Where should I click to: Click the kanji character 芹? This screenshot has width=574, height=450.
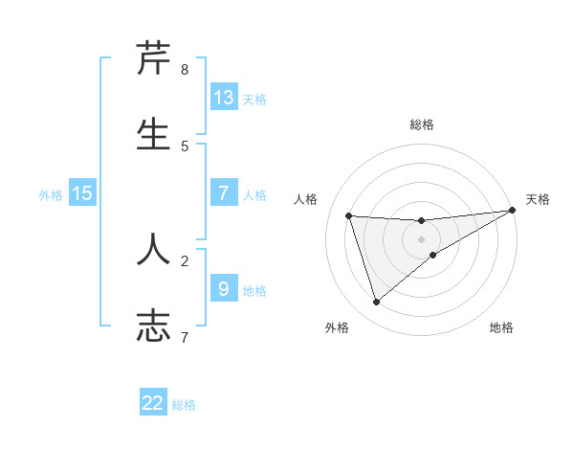[x=154, y=59]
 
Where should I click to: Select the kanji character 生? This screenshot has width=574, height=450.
[x=154, y=134]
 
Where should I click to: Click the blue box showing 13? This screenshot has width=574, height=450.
[x=224, y=98]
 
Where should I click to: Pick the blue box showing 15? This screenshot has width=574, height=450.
[x=82, y=193]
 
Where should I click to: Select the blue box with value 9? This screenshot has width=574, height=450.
[x=224, y=288]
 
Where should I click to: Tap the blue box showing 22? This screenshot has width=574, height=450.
[x=153, y=403]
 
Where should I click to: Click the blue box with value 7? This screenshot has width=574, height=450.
[x=224, y=193]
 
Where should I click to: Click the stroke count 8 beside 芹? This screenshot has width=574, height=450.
[x=185, y=70]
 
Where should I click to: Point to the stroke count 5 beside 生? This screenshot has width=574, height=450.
[x=185, y=146]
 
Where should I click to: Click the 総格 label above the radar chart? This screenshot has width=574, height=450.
[x=422, y=124]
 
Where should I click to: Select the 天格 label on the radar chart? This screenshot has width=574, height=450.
[x=539, y=199]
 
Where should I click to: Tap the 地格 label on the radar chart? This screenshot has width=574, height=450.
[x=501, y=327]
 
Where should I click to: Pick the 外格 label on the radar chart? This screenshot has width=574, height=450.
[x=337, y=327]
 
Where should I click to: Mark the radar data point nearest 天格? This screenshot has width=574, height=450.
[x=512, y=211]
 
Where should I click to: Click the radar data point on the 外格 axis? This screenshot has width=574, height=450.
[x=376, y=303]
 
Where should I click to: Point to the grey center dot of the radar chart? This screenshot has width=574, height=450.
[x=422, y=239]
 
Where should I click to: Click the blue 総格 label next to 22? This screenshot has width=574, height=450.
[x=184, y=405]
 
